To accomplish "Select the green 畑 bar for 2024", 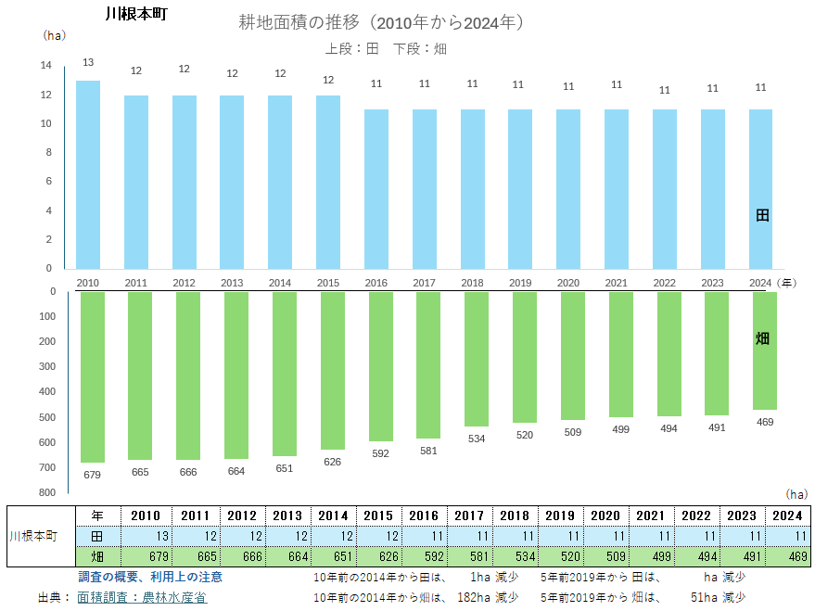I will coord(765,350).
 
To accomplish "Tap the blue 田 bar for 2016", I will coord(376,189).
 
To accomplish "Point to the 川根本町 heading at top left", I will coord(136,15).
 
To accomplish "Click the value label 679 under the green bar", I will coord(92,475).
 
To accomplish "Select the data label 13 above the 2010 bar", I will coord(88,62).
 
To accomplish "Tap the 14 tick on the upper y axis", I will coord(45,66).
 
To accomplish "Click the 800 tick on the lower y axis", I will coord(46,492).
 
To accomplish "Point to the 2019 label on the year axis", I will coord(520,283).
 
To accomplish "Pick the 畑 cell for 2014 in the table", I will coord(333,557).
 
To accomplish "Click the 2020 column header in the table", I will coord(605,516).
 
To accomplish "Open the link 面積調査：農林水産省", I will coord(142,598).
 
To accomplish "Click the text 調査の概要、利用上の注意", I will coord(150,578).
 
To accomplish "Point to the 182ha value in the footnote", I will coord(474,598).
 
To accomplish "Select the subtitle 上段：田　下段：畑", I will coord(386,48).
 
